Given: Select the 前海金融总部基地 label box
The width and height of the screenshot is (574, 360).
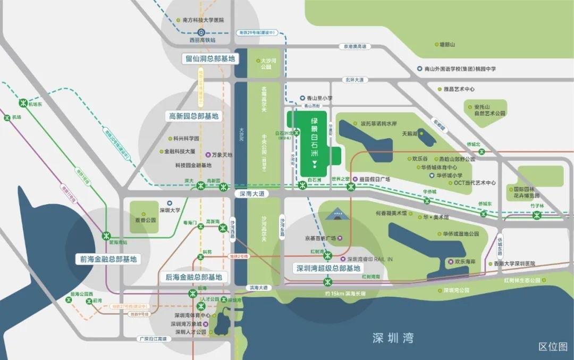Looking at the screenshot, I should click(x=108, y=259).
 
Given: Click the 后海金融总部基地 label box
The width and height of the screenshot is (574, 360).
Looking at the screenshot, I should click(x=193, y=277).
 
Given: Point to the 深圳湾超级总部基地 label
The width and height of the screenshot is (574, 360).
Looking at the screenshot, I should click(x=328, y=269).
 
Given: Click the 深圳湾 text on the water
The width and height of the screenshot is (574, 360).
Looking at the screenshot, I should click(x=392, y=337).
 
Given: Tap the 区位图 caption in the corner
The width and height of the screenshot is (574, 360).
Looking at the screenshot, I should click(x=553, y=347).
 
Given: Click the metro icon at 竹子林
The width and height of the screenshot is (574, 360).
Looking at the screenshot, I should click(x=536, y=215).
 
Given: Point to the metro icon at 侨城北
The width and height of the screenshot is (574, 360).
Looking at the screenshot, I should click(x=482, y=152).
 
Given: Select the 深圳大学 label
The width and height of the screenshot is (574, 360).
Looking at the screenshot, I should click(x=170, y=210).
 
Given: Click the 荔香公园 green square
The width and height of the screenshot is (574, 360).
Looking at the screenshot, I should click(x=144, y=216).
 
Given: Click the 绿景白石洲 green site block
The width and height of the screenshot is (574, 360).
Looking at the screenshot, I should click(x=314, y=144).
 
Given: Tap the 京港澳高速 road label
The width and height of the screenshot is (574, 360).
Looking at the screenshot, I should click(x=355, y=47).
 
